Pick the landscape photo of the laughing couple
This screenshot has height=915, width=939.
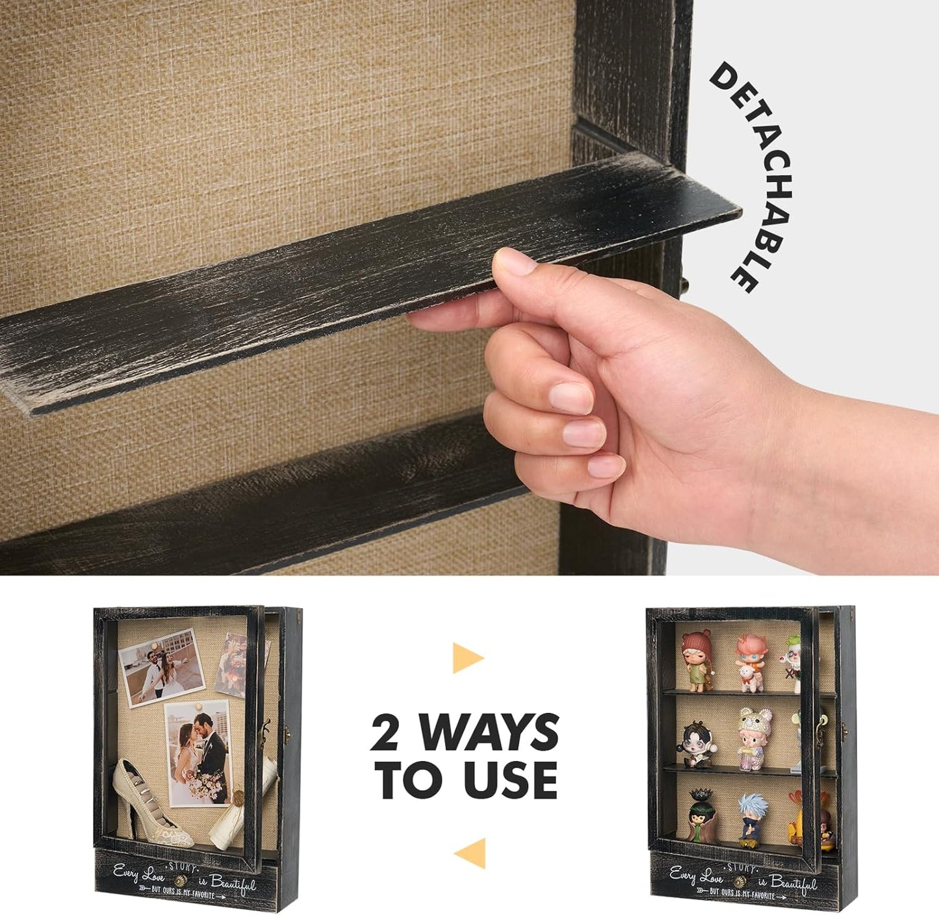pyautogui.click(x=162, y=668)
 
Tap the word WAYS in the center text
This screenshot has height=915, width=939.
pyautogui.click(x=489, y=732)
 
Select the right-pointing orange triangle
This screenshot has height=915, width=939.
pyautogui.click(x=466, y=658)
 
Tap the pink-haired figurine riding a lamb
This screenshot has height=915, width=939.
pyautogui.click(x=751, y=663)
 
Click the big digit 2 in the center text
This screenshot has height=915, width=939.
pyautogui.click(x=385, y=732)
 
